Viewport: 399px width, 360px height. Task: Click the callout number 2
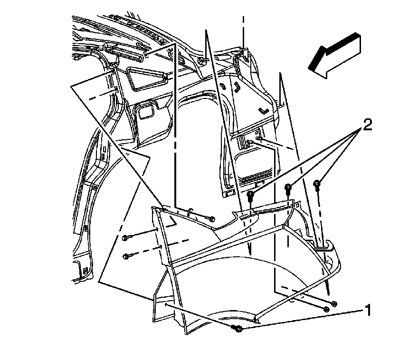coord(367,126)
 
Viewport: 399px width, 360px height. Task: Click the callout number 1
coord(367,310)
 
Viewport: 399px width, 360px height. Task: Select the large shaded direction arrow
coord(334,56)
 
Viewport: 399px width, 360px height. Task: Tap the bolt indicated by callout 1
coord(237,329)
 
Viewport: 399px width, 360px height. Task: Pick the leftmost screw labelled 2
coord(250,195)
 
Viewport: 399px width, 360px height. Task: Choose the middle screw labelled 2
coord(288,188)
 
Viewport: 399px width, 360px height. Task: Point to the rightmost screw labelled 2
coord(317,185)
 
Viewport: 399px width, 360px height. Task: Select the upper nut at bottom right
coord(334,303)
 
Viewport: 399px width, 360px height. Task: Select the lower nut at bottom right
coord(326,309)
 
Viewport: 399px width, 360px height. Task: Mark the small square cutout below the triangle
coord(146,111)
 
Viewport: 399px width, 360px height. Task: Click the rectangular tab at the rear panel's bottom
coord(229,194)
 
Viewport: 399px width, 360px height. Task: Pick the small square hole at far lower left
coord(85,270)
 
